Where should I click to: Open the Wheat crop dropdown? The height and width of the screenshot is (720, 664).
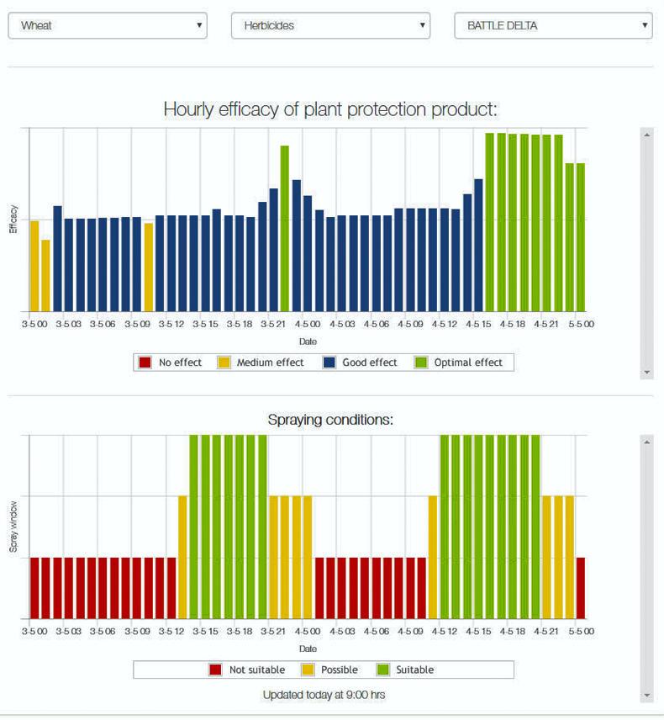tap(107, 25)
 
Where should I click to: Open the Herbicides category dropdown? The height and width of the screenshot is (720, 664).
tap(330, 25)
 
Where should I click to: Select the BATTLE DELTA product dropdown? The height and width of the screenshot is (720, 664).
tap(553, 25)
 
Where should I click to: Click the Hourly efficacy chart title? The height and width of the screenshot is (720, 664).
tap(330, 109)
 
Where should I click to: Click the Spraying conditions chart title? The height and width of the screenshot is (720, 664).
tap(330, 419)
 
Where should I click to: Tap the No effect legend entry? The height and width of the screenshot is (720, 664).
tap(171, 363)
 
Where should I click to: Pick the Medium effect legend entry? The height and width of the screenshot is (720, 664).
tap(261, 363)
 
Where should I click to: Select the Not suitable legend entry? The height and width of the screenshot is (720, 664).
tap(247, 670)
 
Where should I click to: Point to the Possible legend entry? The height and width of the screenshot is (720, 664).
tap(330, 670)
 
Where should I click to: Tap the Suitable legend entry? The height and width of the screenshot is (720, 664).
tap(406, 670)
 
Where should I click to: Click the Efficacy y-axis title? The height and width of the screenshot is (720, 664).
tap(13, 219)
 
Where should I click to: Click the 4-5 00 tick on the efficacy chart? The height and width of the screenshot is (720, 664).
tap(308, 324)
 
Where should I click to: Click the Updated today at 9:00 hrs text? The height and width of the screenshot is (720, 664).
tap(324, 695)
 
